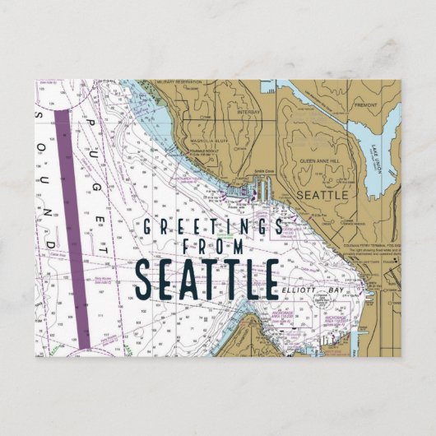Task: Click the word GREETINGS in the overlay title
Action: pyautogui.click(x=212, y=227)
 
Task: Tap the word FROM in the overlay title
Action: pyautogui.click(x=212, y=250)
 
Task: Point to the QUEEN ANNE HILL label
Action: pyautogui.click(x=319, y=162)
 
